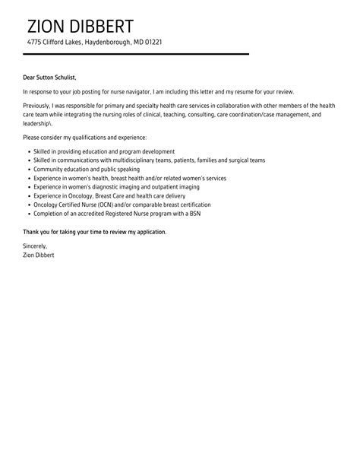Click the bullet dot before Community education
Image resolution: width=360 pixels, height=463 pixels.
click(27, 169)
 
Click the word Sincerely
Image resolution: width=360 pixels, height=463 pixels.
click(35, 246)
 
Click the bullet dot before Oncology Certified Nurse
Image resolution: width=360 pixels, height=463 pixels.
click(27, 205)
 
